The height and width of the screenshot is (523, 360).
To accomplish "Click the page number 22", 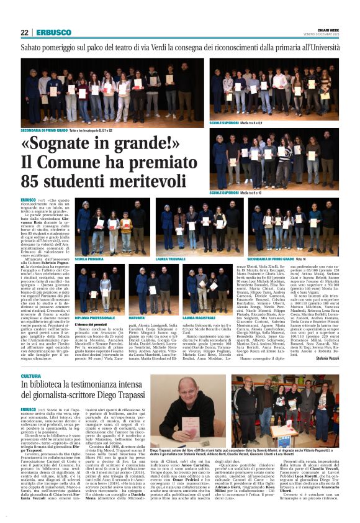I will click(x=24, y=32).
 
